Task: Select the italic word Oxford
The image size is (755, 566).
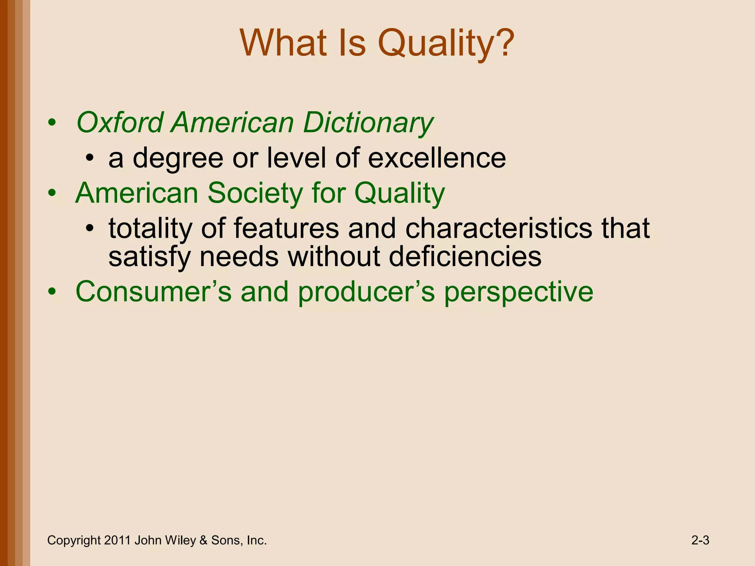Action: (x=120, y=123)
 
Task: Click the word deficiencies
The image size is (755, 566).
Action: (x=465, y=257)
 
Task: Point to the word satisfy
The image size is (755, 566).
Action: (x=149, y=258)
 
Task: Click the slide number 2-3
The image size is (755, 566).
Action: (x=700, y=541)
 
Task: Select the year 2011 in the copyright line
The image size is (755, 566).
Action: (x=117, y=541)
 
